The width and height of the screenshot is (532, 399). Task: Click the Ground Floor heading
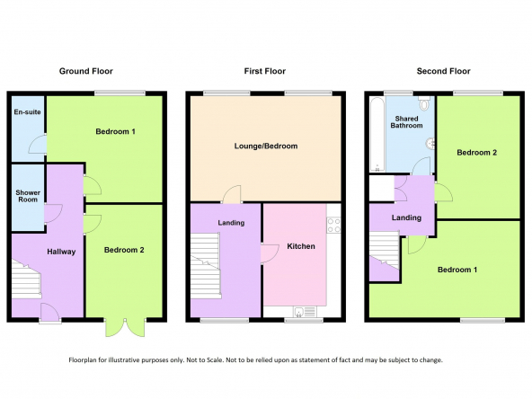click(x=86, y=71)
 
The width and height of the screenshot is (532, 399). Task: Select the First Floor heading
click(x=264, y=71)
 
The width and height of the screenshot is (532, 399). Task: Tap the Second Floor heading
click(x=443, y=71)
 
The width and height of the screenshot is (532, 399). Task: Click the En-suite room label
click(x=28, y=112)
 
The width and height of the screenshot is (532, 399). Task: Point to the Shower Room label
click(x=28, y=196)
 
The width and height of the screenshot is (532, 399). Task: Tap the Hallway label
click(x=61, y=252)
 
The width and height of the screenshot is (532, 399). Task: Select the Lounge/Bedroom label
click(x=266, y=146)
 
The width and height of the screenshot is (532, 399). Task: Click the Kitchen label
click(x=301, y=246)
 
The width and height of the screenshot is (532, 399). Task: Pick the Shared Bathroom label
click(x=406, y=122)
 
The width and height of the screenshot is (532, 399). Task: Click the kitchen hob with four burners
click(x=333, y=226)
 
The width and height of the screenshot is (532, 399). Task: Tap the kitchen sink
click(x=305, y=312)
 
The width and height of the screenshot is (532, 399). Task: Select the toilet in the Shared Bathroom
click(x=424, y=102)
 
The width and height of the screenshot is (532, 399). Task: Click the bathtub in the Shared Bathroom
click(x=377, y=134)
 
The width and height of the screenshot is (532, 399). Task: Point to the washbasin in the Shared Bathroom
click(x=430, y=144)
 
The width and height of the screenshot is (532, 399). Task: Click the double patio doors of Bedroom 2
click(x=125, y=328)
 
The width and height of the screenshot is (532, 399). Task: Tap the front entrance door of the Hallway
click(x=50, y=313)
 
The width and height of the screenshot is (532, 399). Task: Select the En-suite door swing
click(x=38, y=145)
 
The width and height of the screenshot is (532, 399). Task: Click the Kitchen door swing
click(x=270, y=253)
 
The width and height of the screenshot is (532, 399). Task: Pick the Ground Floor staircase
click(x=26, y=279)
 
